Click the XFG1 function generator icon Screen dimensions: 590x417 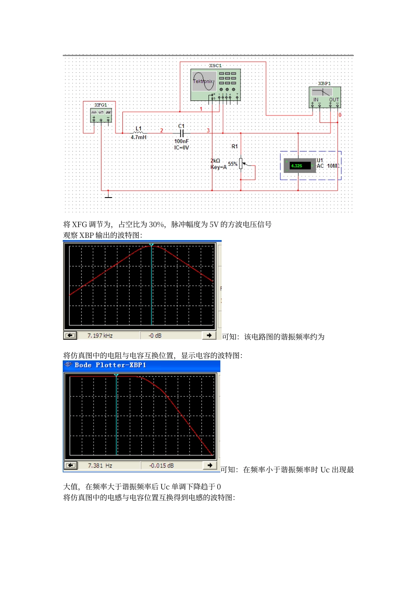[x=101, y=115]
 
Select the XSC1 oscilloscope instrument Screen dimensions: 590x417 [x=216, y=85]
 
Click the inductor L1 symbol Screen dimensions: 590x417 [x=138, y=132]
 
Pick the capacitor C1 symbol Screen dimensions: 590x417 [x=182, y=133]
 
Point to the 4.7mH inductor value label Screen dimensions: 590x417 [x=139, y=137]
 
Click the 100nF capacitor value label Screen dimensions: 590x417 [x=181, y=141]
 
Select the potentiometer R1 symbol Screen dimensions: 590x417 [x=241, y=164]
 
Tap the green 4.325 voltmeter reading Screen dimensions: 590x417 [x=297, y=166]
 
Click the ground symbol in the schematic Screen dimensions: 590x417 [x=108, y=195]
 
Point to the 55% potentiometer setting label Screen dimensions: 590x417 [x=233, y=164]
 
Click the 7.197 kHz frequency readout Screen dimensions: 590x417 [x=100, y=336]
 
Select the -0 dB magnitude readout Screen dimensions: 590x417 [x=155, y=336]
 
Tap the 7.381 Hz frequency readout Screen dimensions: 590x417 [x=100, y=466]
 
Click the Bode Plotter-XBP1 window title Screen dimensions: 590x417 [x=110, y=365]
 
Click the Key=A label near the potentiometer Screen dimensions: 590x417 [x=219, y=167]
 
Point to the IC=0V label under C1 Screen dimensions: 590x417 [x=181, y=147]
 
